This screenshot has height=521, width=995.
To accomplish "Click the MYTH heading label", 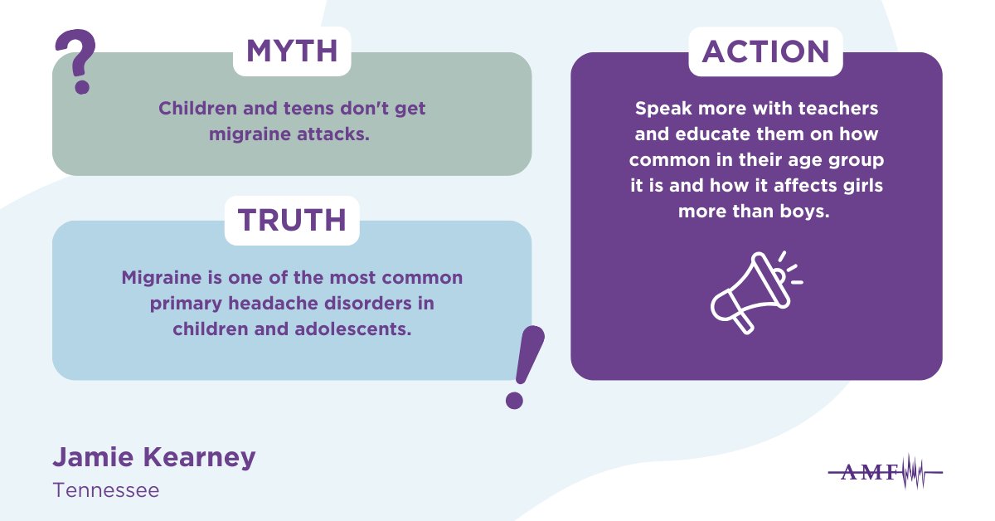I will tap(292, 51).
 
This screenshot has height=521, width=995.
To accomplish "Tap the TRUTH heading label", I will tap(291, 220).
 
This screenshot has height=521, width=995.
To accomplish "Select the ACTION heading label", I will tap(765, 51).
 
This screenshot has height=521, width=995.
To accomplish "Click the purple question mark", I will tap(75, 62).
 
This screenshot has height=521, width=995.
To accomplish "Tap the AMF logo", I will tap(886, 472).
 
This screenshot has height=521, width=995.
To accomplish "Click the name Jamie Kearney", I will tap(154, 456).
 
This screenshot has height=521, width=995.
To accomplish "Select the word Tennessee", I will tap(105, 490).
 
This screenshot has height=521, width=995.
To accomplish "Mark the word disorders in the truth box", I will tap(370, 303).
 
